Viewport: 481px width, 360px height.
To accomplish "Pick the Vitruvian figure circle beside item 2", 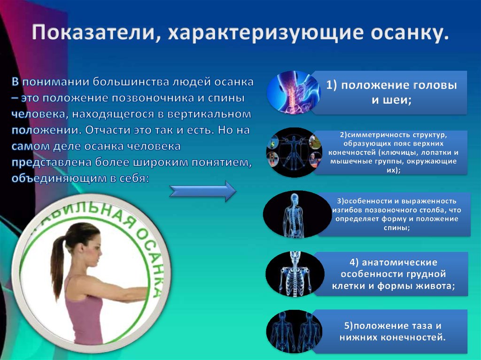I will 294,152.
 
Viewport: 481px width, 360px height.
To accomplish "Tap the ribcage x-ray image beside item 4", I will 293,274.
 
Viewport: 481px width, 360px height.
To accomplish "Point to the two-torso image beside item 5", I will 294,331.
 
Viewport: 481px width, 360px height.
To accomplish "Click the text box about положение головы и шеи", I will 391,92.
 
